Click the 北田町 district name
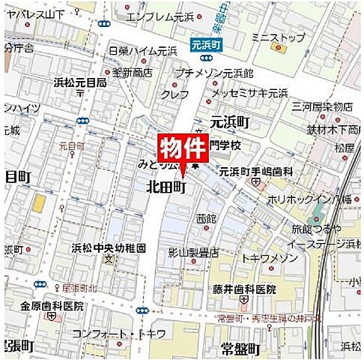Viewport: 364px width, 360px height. [166, 187]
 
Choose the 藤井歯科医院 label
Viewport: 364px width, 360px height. [244, 289]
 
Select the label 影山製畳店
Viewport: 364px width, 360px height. [193, 253]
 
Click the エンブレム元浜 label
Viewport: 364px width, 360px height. [161, 16]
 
